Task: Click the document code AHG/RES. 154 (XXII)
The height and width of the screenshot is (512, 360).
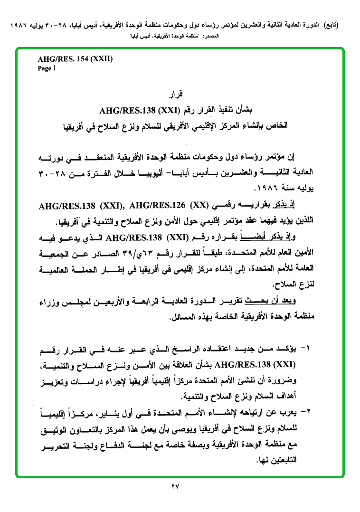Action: coord(75,59)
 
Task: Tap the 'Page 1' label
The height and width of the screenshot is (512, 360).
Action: coord(47,68)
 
